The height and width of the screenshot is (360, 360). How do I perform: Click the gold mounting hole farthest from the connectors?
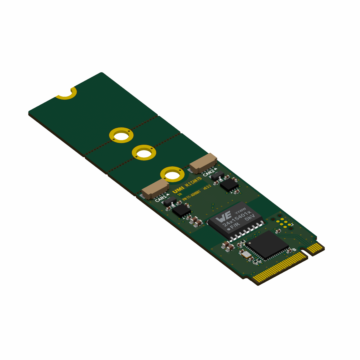121,135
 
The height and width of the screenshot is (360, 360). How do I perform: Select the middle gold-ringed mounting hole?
144,153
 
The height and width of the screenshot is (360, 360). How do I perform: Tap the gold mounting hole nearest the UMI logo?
172,174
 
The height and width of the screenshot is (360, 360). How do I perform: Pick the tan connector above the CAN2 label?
203,163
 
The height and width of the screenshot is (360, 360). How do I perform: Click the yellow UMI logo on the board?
178,190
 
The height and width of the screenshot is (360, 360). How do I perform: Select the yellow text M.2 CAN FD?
193,182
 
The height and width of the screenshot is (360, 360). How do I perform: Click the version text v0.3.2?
207,187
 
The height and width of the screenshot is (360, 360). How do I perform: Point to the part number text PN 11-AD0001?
191,195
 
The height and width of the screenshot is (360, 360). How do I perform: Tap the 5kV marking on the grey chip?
249,217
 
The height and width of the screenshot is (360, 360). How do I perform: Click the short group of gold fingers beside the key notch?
315,248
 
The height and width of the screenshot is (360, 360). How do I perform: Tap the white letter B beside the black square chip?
294,250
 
